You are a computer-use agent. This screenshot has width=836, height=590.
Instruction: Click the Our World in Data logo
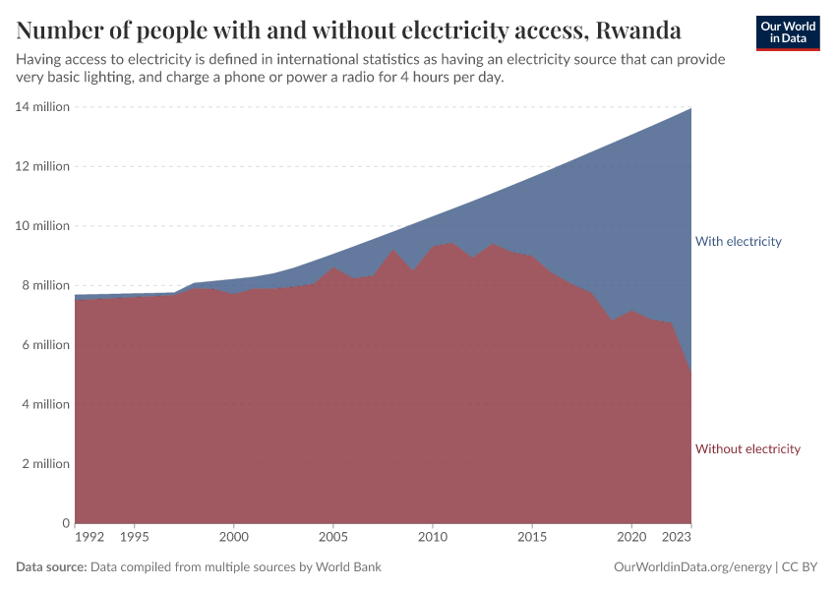pyautogui.click(x=788, y=32)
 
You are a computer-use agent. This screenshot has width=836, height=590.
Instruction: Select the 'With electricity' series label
pyautogui.click(x=738, y=241)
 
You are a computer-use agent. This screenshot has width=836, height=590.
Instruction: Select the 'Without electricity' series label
pyautogui.click(x=747, y=448)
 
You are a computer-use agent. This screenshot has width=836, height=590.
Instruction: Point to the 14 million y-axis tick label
pyautogui.click(x=42, y=106)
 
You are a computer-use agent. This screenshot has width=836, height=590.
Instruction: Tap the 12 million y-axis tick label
pyautogui.click(x=42, y=166)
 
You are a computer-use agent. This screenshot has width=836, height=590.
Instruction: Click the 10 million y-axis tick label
pyautogui.click(x=42, y=225)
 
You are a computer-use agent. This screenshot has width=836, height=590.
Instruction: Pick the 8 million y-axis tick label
pyautogui.click(x=45, y=285)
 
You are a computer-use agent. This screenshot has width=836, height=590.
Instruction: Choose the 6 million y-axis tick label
pyautogui.click(x=45, y=344)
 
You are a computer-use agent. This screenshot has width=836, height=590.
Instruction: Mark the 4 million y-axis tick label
pyautogui.click(x=45, y=404)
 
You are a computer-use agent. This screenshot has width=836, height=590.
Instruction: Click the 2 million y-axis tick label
pyautogui.click(x=45, y=463)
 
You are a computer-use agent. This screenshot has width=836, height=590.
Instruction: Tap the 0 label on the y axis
pyautogui.click(x=66, y=523)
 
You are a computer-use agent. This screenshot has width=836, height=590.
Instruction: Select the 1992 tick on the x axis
pyautogui.click(x=90, y=538)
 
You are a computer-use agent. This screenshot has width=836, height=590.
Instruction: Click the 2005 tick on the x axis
pyautogui.click(x=333, y=538)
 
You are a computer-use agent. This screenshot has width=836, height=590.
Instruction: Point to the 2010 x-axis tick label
pyautogui.click(x=433, y=538)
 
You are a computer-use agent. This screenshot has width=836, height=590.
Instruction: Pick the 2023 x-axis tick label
pyautogui.click(x=677, y=538)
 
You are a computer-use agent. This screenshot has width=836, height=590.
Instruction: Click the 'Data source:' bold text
pyautogui.click(x=51, y=567)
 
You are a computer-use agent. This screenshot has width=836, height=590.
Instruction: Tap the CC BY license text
pyautogui.click(x=802, y=567)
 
